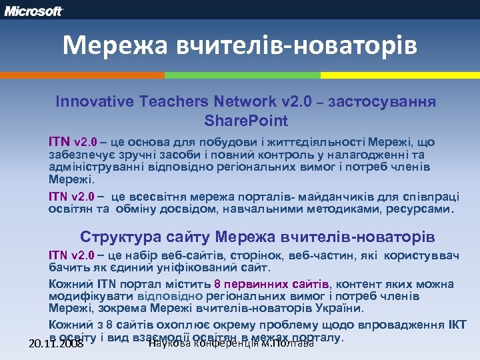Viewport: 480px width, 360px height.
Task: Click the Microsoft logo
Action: click(x=33, y=11)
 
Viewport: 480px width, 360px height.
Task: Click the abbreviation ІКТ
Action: click(x=455, y=325)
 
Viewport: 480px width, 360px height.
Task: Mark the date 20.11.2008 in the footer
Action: click(x=56, y=344)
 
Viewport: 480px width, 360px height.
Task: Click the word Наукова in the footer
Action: click(x=169, y=343)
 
